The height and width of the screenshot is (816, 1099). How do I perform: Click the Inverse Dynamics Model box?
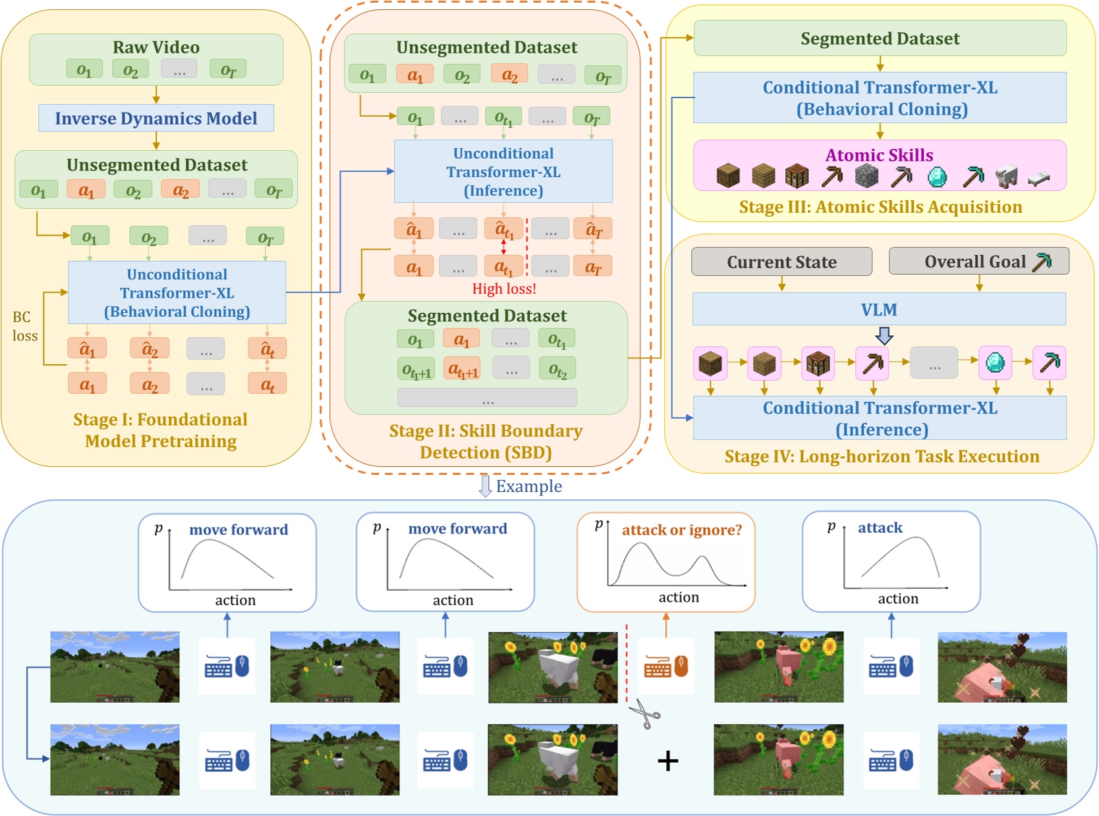tap(156, 119)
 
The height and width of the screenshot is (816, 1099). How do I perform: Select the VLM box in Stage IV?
tap(879, 310)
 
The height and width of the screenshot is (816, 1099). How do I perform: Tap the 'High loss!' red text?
tap(504, 288)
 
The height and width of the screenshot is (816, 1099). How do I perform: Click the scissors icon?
tap(644, 715)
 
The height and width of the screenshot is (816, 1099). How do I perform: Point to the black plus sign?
tap(667, 761)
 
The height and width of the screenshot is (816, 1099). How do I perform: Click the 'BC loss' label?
tap(24, 326)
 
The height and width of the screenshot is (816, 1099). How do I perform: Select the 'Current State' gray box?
tap(781, 262)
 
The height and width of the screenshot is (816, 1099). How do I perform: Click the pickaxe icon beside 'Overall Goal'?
tap(1042, 262)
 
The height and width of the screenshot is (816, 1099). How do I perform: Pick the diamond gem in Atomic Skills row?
tap(937, 177)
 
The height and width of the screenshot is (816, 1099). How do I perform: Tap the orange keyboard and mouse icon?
tap(665, 666)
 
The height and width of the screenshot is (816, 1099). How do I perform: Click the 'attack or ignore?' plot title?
tap(682, 530)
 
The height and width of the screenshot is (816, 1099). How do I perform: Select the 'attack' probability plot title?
tap(880, 528)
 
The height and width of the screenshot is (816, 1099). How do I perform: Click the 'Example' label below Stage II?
tap(528, 487)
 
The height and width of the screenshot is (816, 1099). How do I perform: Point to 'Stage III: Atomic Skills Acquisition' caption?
tap(880, 207)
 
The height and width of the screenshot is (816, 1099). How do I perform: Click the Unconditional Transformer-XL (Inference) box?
tap(503, 172)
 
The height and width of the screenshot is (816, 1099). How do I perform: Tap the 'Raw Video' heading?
tap(156, 47)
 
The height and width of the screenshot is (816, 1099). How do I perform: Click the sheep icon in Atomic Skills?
tap(1006, 177)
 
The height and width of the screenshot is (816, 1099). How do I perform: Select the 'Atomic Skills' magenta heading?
tap(879, 155)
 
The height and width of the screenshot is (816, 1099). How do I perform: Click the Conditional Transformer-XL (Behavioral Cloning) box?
tap(880, 98)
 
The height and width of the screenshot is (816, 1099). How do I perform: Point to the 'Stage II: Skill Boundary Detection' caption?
tap(486, 441)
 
